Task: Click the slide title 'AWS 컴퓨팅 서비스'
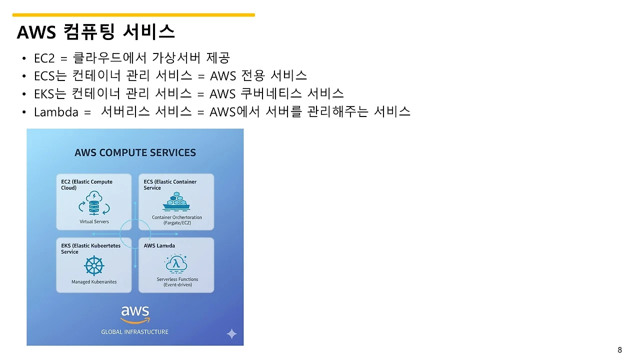point(95,32)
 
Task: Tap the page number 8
point(620,349)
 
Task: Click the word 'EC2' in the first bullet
point(44,58)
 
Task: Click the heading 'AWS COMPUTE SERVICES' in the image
point(135,152)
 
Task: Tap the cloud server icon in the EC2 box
point(94,203)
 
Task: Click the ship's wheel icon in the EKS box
point(94,265)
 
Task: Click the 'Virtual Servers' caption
point(94,221)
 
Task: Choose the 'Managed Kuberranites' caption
point(94,282)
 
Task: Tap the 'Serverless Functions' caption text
point(177,279)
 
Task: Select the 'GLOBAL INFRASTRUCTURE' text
point(135,332)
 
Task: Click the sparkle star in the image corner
point(231,333)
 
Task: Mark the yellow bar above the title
point(133,15)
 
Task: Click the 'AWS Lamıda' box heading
point(159,246)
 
